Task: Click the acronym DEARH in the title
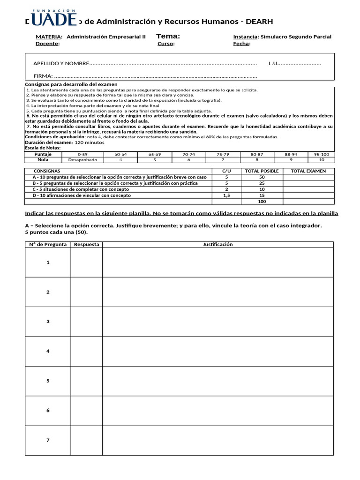point(256,22)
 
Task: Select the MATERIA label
point(49,37)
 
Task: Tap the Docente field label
point(47,44)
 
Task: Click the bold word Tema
point(167,36)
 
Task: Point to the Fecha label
point(241,44)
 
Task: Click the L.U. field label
point(274,63)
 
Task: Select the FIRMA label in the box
point(43,76)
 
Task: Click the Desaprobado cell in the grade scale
point(82,159)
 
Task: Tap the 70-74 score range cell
point(188,154)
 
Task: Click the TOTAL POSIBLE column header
point(262,171)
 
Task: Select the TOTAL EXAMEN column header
point(308,171)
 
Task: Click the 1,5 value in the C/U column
point(226,195)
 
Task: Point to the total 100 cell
point(262,202)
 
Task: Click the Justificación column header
point(217,244)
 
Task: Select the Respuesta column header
point(87,244)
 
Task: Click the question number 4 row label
point(48,351)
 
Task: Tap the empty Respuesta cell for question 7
point(87,440)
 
